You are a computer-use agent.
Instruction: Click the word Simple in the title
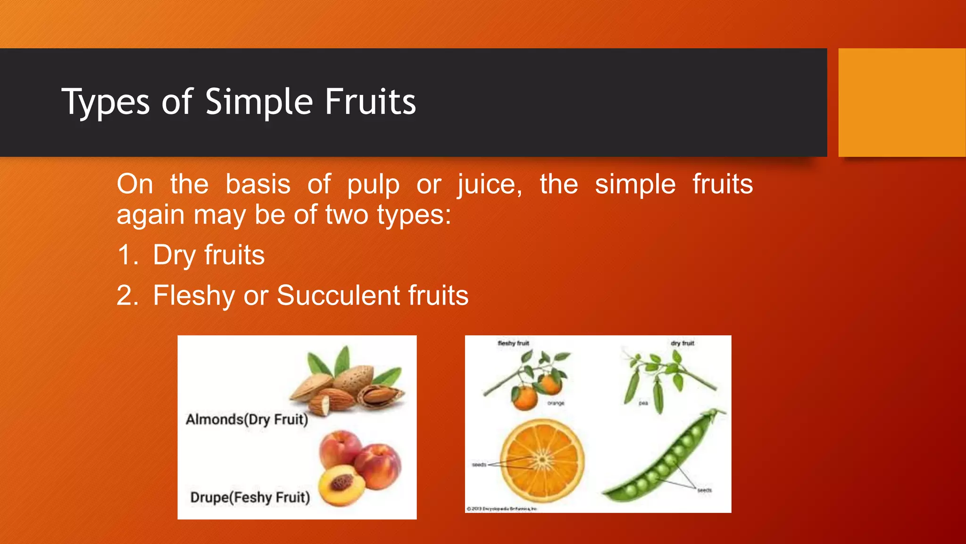(x=259, y=102)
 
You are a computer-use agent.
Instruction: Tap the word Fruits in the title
(x=370, y=102)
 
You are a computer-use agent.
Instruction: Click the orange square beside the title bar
(x=901, y=102)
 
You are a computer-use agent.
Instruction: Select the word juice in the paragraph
(x=489, y=185)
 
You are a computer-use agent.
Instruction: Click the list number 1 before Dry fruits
(x=126, y=255)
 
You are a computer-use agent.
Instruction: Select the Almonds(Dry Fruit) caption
(x=247, y=419)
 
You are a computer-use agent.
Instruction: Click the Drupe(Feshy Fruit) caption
(x=250, y=497)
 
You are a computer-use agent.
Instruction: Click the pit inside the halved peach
(x=342, y=482)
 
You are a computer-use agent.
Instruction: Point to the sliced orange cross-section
(x=542, y=459)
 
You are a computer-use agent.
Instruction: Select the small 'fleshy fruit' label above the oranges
(x=513, y=343)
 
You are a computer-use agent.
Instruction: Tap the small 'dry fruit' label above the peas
(x=682, y=343)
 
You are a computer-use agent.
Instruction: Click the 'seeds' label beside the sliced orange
(x=479, y=465)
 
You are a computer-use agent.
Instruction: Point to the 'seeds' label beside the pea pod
(x=704, y=491)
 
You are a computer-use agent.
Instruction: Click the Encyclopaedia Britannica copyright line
(x=501, y=509)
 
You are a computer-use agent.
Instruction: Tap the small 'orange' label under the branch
(x=556, y=403)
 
